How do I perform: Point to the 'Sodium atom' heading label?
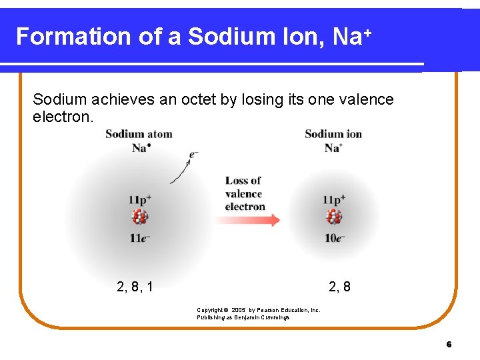tap(139, 134)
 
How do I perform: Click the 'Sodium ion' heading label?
tap(333, 134)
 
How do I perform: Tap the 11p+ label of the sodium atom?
tap(140, 199)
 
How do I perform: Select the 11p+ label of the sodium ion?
tap(334, 199)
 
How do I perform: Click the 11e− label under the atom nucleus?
tap(140, 238)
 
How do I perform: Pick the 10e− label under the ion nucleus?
tap(335, 238)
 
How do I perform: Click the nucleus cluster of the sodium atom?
tap(140, 217)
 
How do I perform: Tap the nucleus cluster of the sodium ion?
tap(334, 217)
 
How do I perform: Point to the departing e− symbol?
tap(194, 154)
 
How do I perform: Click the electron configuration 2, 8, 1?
tap(135, 287)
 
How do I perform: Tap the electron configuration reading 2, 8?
tap(339, 287)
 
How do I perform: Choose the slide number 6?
tap(449, 345)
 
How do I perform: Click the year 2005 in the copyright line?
tap(239, 310)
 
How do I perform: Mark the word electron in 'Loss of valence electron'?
tap(245, 207)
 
